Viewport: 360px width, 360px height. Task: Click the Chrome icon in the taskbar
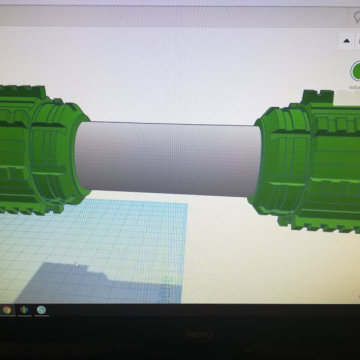(x=6, y=310)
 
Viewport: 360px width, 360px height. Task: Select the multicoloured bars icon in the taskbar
(x=23, y=310)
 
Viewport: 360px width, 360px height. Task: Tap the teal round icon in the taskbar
(x=41, y=310)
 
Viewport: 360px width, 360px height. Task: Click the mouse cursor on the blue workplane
(x=76, y=264)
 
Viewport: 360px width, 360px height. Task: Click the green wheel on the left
(x=35, y=150)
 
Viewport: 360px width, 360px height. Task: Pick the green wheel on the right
(x=310, y=160)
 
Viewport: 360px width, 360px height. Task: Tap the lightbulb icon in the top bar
(x=356, y=16)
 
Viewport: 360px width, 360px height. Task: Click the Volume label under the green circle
(x=354, y=87)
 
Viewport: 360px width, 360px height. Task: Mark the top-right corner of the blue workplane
(x=186, y=204)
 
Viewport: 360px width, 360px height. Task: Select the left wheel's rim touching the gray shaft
(x=80, y=155)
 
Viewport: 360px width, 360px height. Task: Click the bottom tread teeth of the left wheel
(x=25, y=207)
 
